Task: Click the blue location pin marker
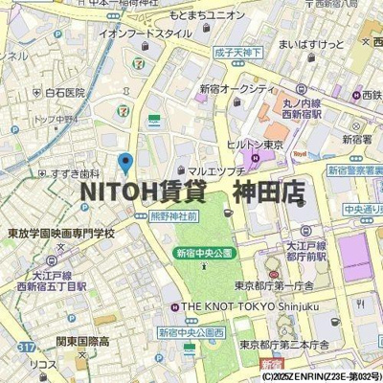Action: pyautogui.click(x=124, y=164)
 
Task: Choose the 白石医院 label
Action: pyautogui.click(x=65, y=93)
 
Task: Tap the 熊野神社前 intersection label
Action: pyautogui.click(x=171, y=217)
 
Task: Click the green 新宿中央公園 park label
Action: pyautogui.click(x=204, y=254)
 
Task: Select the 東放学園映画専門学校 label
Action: pyautogui.click(x=61, y=233)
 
